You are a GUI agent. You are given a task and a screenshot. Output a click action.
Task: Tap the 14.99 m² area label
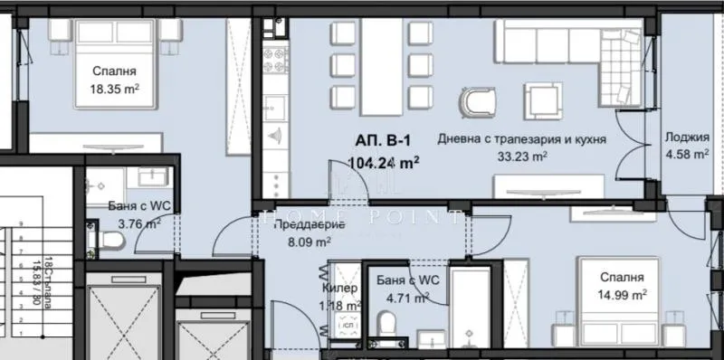click(x=620, y=295)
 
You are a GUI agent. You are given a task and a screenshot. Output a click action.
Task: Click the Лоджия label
click(x=686, y=138)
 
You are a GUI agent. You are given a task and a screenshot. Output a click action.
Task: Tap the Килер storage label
click(x=340, y=288)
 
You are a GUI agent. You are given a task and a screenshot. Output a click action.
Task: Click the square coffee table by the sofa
click(x=545, y=99)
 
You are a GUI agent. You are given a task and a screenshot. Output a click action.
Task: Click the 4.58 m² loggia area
click(x=686, y=155)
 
